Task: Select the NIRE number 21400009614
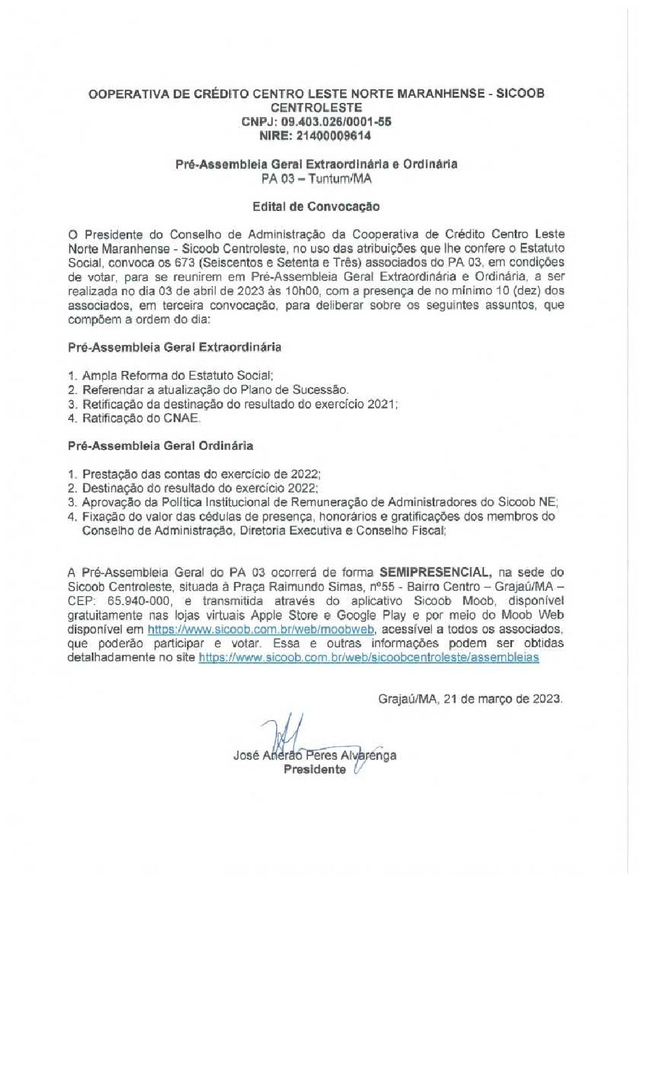coord(334,136)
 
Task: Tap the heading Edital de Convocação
coord(316,206)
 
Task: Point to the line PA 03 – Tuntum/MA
coord(316,179)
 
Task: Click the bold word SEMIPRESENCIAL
coord(435,572)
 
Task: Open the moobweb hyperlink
coord(261,629)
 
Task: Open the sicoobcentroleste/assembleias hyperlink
coord(368,658)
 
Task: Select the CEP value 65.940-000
coord(139,601)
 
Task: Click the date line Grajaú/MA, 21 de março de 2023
coord(470,699)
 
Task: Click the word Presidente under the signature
coord(314,770)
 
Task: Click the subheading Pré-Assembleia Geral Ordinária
coord(160,446)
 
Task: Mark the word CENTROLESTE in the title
coord(316,107)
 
